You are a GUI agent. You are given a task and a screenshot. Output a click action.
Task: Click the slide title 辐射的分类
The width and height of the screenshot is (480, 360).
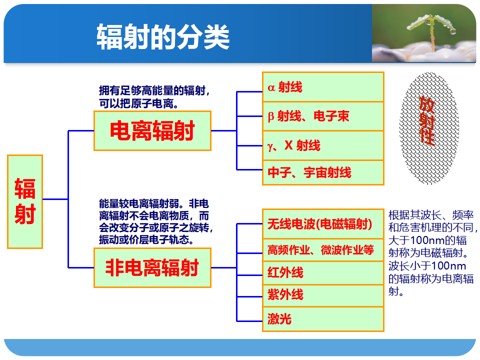coord(163,36)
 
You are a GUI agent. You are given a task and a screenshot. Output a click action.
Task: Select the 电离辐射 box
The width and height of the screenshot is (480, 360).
coord(152,130)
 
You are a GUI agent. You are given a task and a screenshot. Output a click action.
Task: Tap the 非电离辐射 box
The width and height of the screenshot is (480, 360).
coord(152,268)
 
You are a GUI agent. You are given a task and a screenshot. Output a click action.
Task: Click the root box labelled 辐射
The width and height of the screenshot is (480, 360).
coord(25,201)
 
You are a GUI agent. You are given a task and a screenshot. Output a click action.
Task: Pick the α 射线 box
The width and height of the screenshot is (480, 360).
coord(323,87)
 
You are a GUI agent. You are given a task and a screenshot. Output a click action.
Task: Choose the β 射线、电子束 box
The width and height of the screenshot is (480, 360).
coord(323,116)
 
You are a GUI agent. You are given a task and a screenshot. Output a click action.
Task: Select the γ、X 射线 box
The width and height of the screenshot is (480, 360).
coord(323,145)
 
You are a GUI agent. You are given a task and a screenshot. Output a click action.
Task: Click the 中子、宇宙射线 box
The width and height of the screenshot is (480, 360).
coord(323,172)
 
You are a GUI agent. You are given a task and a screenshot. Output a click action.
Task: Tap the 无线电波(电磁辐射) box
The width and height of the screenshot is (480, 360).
coord(323,224)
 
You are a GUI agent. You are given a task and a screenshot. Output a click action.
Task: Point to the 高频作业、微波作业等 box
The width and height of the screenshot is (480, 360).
coord(323,250)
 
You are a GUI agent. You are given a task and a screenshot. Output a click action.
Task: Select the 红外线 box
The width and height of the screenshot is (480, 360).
coord(323,273)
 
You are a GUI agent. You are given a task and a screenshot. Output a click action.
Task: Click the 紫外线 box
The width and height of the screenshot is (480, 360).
coord(323,295)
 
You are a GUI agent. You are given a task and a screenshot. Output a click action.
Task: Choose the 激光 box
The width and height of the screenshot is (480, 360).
coord(323,319)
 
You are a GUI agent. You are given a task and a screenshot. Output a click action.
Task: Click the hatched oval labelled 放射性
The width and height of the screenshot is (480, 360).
coord(429,128)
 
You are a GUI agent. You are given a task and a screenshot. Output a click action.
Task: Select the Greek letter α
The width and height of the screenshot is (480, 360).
coord(271,88)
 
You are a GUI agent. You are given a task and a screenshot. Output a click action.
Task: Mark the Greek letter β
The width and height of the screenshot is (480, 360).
coord(270,116)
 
